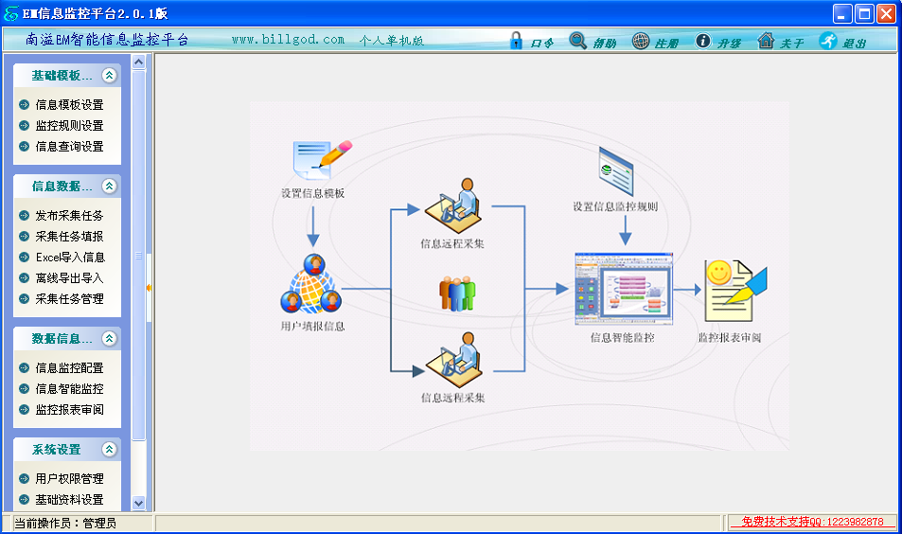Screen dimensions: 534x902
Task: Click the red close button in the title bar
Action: [x=886, y=13]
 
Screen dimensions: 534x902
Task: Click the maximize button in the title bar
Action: [x=864, y=13]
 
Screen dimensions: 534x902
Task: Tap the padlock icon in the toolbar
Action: [x=516, y=41]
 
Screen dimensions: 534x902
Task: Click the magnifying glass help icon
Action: [x=578, y=41]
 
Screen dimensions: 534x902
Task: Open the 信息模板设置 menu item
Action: [x=69, y=105]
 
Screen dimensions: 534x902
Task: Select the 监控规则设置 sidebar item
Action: [x=69, y=126]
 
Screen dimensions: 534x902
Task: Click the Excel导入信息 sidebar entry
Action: [x=70, y=258]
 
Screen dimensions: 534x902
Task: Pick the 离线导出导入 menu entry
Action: [x=69, y=278]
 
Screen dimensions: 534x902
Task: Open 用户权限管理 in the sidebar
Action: [x=69, y=479]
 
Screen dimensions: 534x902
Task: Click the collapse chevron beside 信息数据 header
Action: [x=110, y=187]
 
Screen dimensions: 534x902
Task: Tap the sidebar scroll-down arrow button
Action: [x=138, y=504]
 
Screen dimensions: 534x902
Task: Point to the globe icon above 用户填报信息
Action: [x=311, y=285]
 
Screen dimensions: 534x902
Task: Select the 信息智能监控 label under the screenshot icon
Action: [x=622, y=337]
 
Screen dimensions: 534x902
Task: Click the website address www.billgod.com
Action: [x=288, y=40]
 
